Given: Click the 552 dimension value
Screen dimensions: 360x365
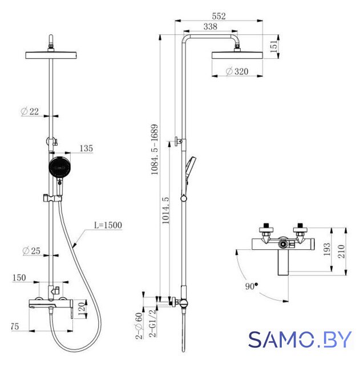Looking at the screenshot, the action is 219,16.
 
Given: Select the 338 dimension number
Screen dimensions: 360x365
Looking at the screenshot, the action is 211,27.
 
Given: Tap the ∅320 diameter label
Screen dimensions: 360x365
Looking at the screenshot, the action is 237,71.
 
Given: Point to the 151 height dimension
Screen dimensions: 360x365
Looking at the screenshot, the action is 274,46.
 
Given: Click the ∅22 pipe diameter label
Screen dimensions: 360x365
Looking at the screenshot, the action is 30,111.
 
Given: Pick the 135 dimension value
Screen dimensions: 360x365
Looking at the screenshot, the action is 86,148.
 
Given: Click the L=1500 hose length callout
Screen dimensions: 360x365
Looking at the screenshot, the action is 108,225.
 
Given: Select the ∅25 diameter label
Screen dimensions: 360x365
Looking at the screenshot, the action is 31,251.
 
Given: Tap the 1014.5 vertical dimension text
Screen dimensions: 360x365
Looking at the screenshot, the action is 165,210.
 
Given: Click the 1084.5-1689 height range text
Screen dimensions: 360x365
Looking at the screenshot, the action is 155,149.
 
